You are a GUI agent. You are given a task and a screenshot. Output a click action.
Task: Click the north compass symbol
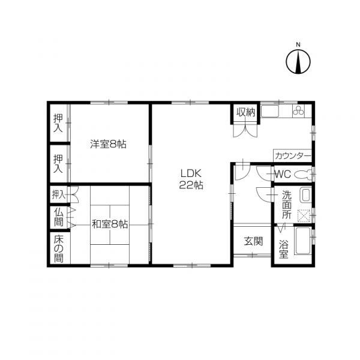[x=297, y=61]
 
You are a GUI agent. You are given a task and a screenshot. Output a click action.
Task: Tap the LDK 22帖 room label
[x=191, y=179]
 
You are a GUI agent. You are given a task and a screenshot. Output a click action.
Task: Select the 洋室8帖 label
[x=108, y=144]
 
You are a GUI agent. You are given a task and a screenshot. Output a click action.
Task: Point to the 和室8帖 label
[x=110, y=224]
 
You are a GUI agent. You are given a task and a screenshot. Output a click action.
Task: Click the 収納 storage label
[x=245, y=112]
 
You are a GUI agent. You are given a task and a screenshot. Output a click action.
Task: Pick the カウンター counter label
[x=293, y=155]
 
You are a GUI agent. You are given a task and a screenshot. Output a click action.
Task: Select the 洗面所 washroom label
[x=287, y=204]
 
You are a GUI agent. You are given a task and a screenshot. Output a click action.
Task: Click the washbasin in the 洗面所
[x=305, y=196]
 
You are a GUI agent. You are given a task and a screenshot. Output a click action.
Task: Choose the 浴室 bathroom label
[x=284, y=248]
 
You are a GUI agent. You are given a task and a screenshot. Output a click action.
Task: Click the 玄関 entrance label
[x=253, y=242]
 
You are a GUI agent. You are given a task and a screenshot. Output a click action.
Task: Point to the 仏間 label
[x=58, y=217]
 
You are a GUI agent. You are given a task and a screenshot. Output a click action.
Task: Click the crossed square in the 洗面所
[x=304, y=214]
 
